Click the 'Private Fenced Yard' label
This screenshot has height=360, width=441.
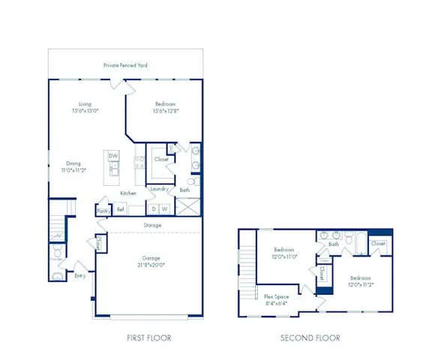(x=125, y=65)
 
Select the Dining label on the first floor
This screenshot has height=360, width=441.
(x=73, y=163)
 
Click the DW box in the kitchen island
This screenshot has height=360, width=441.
(x=113, y=156)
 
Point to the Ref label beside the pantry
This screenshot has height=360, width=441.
(x=120, y=210)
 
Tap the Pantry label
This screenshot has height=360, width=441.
(x=103, y=211)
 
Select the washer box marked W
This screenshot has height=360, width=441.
(x=164, y=208)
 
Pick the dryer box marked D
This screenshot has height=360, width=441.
(x=154, y=208)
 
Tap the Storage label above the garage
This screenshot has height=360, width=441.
(x=152, y=224)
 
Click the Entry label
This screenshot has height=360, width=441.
(x=79, y=275)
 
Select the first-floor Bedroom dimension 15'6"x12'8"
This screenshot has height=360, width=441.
(x=166, y=111)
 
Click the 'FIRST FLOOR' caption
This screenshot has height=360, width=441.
(x=148, y=338)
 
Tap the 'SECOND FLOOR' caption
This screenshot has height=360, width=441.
(x=310, y=338)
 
